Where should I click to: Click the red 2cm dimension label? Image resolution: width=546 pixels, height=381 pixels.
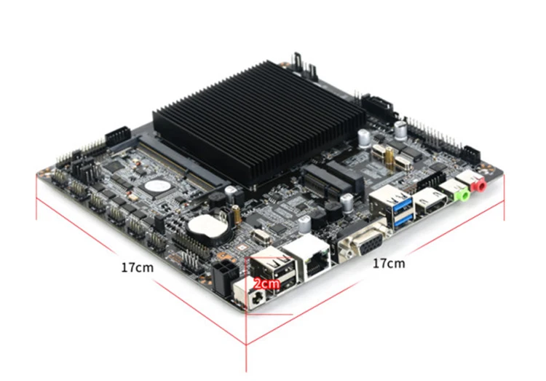266,283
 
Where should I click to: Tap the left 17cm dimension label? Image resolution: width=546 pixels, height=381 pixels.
137,267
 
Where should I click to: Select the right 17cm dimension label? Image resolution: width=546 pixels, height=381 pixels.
389,264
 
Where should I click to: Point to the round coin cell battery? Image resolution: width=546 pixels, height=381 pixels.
207,226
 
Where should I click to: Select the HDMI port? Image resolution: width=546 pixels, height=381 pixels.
432,202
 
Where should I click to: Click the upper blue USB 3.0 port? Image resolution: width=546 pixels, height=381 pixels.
403,206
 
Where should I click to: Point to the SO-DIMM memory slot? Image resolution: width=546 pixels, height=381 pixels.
181,161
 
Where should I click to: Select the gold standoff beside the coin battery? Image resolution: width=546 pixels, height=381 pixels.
237,214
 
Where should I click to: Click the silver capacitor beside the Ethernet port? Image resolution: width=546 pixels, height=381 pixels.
304,225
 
